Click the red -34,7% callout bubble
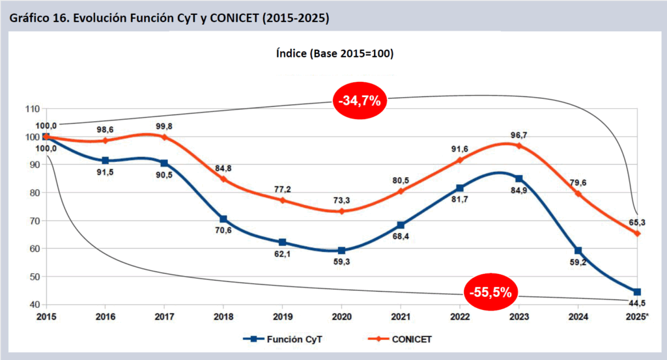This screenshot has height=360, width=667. tap(360, 100)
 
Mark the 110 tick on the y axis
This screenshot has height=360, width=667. tap(31, 109)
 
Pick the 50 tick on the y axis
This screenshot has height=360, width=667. tap(33, 277)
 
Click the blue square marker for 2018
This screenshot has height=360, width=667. tap(223, 219)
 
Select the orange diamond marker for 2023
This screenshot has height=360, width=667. tap(519, 146)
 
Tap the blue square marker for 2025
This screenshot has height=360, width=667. tap(637, 292)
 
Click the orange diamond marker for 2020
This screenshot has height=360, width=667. tap(341, 211)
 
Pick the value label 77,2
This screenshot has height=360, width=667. tap(282, 189)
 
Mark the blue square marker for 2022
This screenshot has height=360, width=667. tap(461, 188)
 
